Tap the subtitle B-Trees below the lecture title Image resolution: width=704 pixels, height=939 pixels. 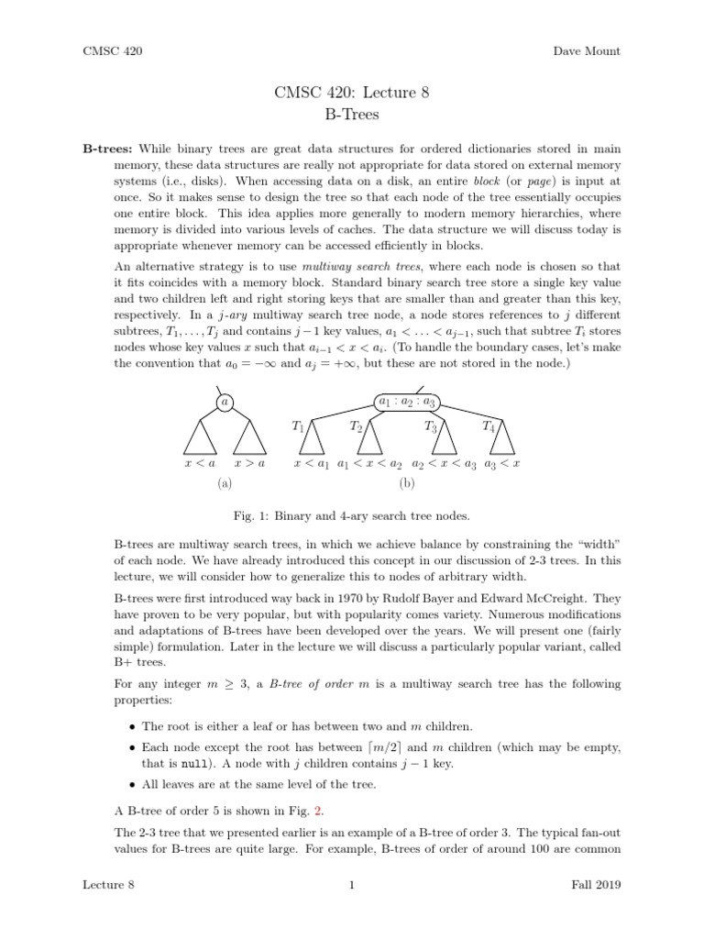[x=352, y=116]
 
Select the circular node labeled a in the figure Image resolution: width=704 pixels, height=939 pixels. [x=225, y=402]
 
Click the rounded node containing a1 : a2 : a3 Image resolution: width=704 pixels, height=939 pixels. [x=406, y=401]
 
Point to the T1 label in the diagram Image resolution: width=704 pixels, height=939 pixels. [x=298, y=425]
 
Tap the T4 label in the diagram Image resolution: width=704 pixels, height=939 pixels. [x=489, y=425]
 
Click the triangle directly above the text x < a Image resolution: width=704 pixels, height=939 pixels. [x=201, y=438]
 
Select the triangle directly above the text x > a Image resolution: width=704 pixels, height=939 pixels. [x=248, y=438]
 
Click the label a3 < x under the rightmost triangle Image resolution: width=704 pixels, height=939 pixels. [x=501, y=465]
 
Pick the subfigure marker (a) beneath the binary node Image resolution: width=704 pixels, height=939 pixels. [x=225, y=482]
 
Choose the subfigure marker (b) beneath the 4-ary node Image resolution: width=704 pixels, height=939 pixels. [x=407, y=482]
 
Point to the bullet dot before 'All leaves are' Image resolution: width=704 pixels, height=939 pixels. [x=133, y=785]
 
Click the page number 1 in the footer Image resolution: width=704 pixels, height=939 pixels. [x=352, y=884]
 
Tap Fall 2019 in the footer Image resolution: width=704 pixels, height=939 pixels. [x=596, y=884]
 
